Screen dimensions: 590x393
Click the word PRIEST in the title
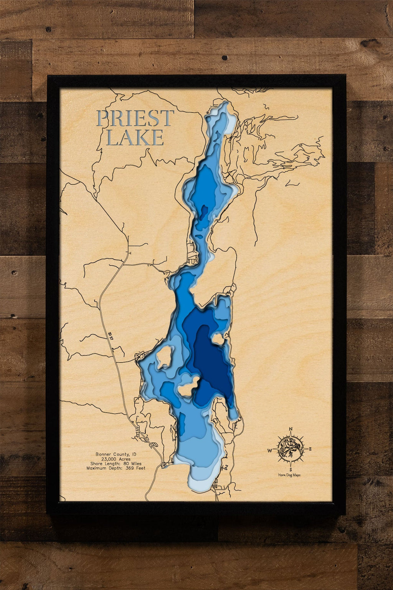pos(135,118)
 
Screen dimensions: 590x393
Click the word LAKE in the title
pos(135,138)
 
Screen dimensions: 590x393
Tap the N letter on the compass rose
pos(291,429)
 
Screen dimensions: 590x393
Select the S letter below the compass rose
pos(291,469)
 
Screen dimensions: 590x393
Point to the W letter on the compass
pos(270,450)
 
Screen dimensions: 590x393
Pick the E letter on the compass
pos(310,449)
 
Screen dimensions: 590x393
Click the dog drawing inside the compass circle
pos(290,449)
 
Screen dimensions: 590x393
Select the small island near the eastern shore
pos(218,339)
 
